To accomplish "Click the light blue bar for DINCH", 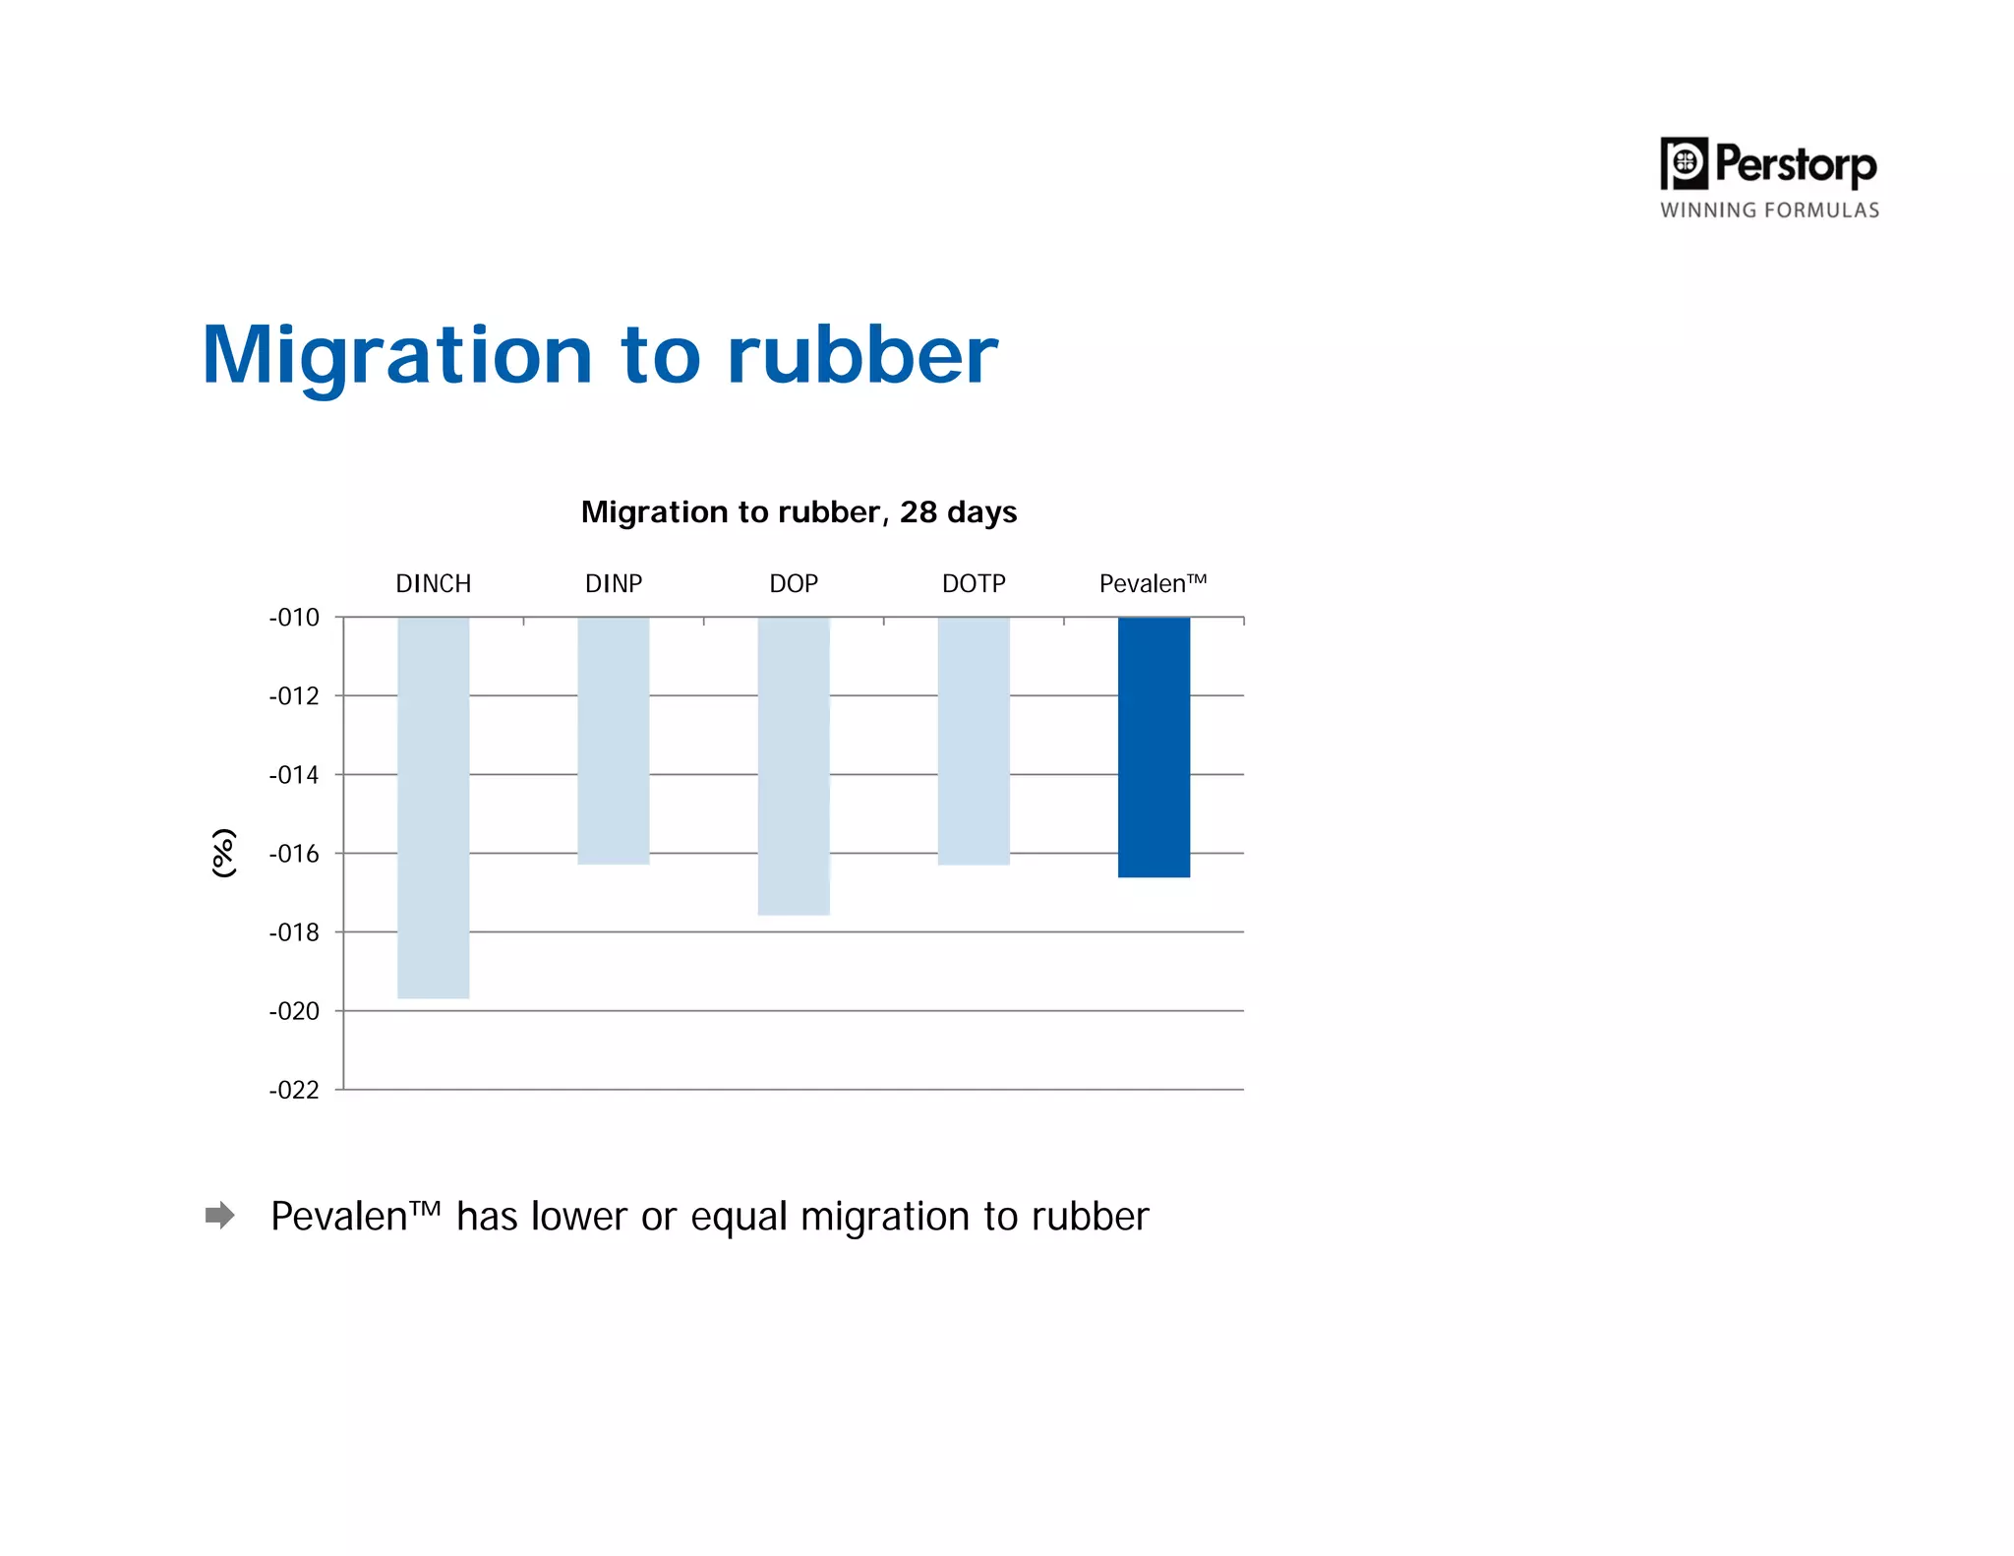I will [433, 807].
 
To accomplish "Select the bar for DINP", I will [613, 740].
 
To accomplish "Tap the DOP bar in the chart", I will [793, 765].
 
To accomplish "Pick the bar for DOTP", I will [973, 740].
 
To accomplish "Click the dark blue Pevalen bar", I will [1154, 746].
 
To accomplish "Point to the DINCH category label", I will [433, 583].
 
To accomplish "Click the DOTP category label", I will [974, 583].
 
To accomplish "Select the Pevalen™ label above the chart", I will [1153, 583].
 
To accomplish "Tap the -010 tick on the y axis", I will [294, 618].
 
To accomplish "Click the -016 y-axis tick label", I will [294, 854].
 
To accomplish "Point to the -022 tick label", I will [294, 1090].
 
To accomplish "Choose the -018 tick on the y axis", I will [294, 932].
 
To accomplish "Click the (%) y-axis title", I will [224, 852].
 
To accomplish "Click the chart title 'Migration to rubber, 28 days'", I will [799, 512].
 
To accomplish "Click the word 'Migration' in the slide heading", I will [397, 356].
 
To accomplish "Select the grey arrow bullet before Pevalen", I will [220, 1215].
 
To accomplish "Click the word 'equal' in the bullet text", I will [739, 1218].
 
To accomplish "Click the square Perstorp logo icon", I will [1684, 163].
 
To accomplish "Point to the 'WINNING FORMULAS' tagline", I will [1769, 210].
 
